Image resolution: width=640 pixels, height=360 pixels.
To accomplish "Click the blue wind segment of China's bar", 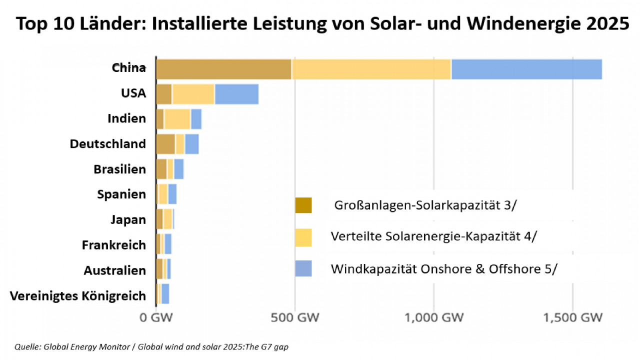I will (526, 69).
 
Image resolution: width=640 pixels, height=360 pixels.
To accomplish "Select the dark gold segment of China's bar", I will (223, 69).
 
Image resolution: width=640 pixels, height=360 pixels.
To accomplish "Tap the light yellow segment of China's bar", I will (371, 69).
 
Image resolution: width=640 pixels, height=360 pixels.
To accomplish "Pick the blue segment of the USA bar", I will (236, 94).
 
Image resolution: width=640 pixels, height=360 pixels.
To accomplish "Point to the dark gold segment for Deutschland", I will (165, 144).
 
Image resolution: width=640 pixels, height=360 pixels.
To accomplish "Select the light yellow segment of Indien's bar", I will (177, 119).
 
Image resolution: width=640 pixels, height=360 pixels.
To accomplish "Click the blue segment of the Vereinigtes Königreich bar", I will (165, 293).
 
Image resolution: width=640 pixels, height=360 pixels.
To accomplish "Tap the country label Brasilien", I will (120, 169).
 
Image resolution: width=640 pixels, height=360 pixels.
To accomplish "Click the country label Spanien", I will (121, 194).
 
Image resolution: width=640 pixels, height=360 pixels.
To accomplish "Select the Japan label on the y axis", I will (128, 219).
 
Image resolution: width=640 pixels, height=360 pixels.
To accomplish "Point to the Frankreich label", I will (114, 245).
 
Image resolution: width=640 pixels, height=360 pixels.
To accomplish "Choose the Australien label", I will (115, 270).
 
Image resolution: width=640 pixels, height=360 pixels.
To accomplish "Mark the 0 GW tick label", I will (155, 317).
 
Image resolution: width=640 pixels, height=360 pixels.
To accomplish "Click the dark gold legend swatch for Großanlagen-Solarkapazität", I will (303, 205).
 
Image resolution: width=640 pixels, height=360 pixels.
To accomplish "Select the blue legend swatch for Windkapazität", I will (303, 268).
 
